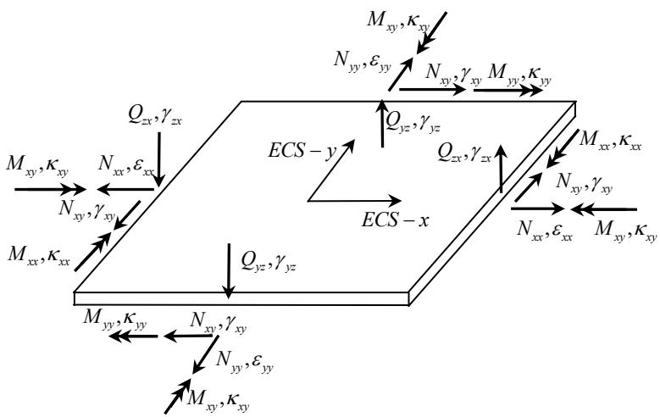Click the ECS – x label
[395, 220]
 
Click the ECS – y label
[302, 150]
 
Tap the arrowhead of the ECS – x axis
[396, 201]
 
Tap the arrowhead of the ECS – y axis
[348, 145]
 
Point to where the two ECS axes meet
[308, 201]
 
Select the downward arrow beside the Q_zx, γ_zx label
[159, 159]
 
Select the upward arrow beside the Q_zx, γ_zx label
[501, 169]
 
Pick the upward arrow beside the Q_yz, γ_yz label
[382, 124]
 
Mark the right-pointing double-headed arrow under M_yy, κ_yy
[508, 90]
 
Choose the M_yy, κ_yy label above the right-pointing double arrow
[519, 75]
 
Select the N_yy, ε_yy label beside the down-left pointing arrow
[245, 361]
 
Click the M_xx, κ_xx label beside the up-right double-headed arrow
[38, 256]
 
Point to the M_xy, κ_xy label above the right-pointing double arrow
[37, 165]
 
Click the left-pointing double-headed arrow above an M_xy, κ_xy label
[604, 208]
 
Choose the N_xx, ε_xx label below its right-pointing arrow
[545, 230]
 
